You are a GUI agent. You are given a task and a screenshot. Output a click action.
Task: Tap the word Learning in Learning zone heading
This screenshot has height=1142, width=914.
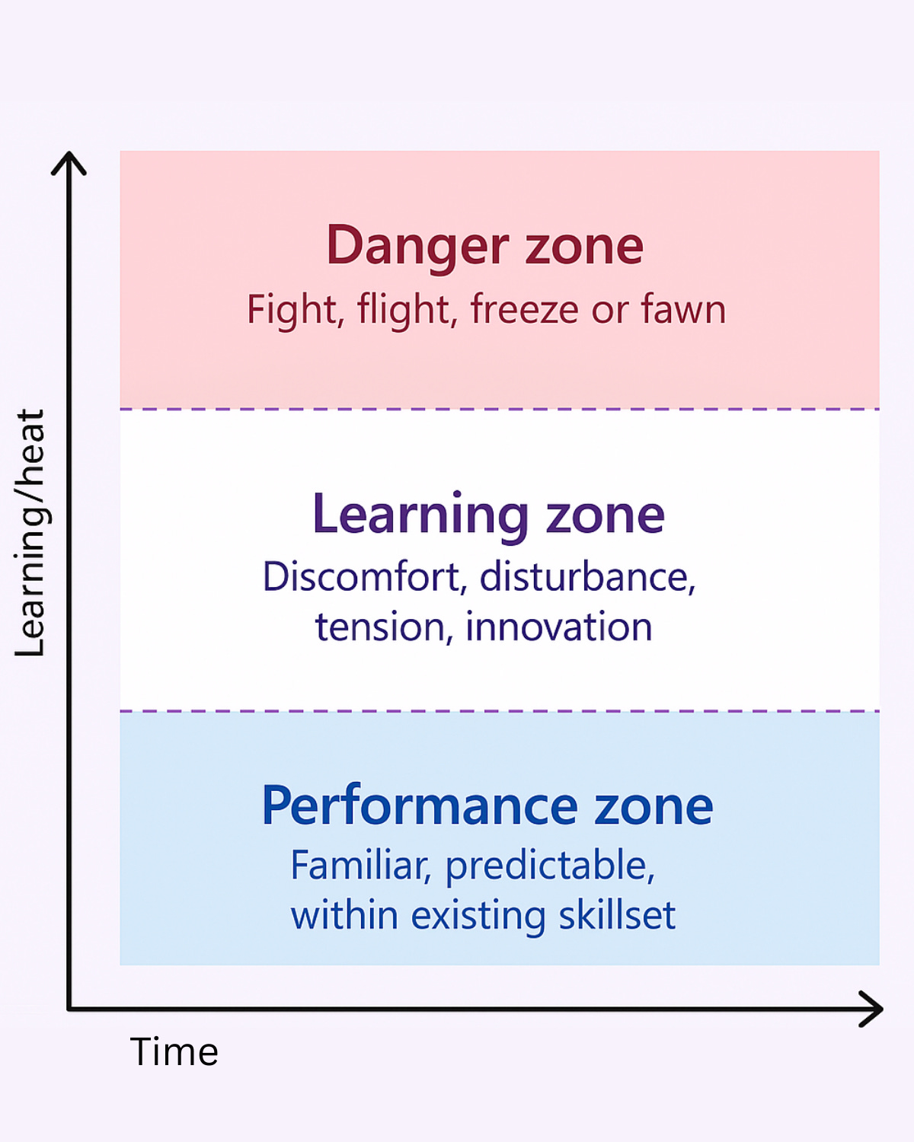click(x=420, y=515)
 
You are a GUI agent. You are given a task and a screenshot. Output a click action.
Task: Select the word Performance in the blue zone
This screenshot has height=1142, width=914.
click(x=418, y=806)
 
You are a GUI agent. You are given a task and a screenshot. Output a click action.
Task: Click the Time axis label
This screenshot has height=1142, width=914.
click(x=174, y=1052)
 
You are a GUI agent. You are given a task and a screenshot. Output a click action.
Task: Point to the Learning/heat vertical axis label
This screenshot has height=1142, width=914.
click(x=30, y=533)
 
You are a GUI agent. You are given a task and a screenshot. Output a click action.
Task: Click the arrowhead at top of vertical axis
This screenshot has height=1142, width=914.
click(x=69, y=161)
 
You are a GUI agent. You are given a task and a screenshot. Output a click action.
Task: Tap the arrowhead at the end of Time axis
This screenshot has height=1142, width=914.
click(x=873, y=1009)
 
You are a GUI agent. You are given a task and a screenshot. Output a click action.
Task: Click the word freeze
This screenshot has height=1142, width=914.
click(x=525, y=310)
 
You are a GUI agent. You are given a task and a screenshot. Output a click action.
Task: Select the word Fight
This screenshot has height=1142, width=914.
click(x=292, y=310)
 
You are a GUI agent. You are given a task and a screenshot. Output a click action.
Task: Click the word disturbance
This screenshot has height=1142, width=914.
click(x=587, y=577)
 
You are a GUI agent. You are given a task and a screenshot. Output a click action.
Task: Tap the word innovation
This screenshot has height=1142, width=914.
click(x=558, y=627)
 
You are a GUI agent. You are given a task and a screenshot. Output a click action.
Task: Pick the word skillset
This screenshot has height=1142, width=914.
click(x=617, y=915)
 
